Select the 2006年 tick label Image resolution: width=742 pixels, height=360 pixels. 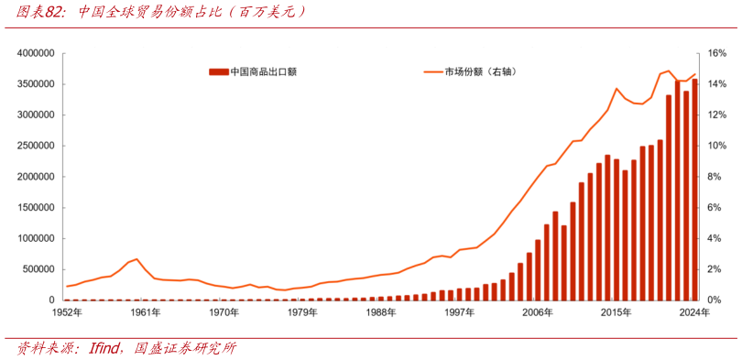(538, 312)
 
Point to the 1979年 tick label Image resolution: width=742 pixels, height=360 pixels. (302, 312)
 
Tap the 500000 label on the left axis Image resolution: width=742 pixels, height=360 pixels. (40, 269)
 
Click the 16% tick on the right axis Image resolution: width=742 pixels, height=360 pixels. (717, 54)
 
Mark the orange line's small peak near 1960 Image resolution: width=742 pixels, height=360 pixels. (136, 259)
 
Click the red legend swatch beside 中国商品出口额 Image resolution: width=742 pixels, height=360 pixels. (218, 71)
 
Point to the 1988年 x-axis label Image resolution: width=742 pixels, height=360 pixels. (381, 312)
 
